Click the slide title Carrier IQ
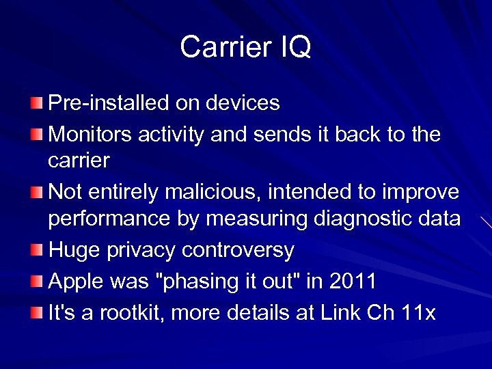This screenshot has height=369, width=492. pyautogui.click(x=245, y=47)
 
